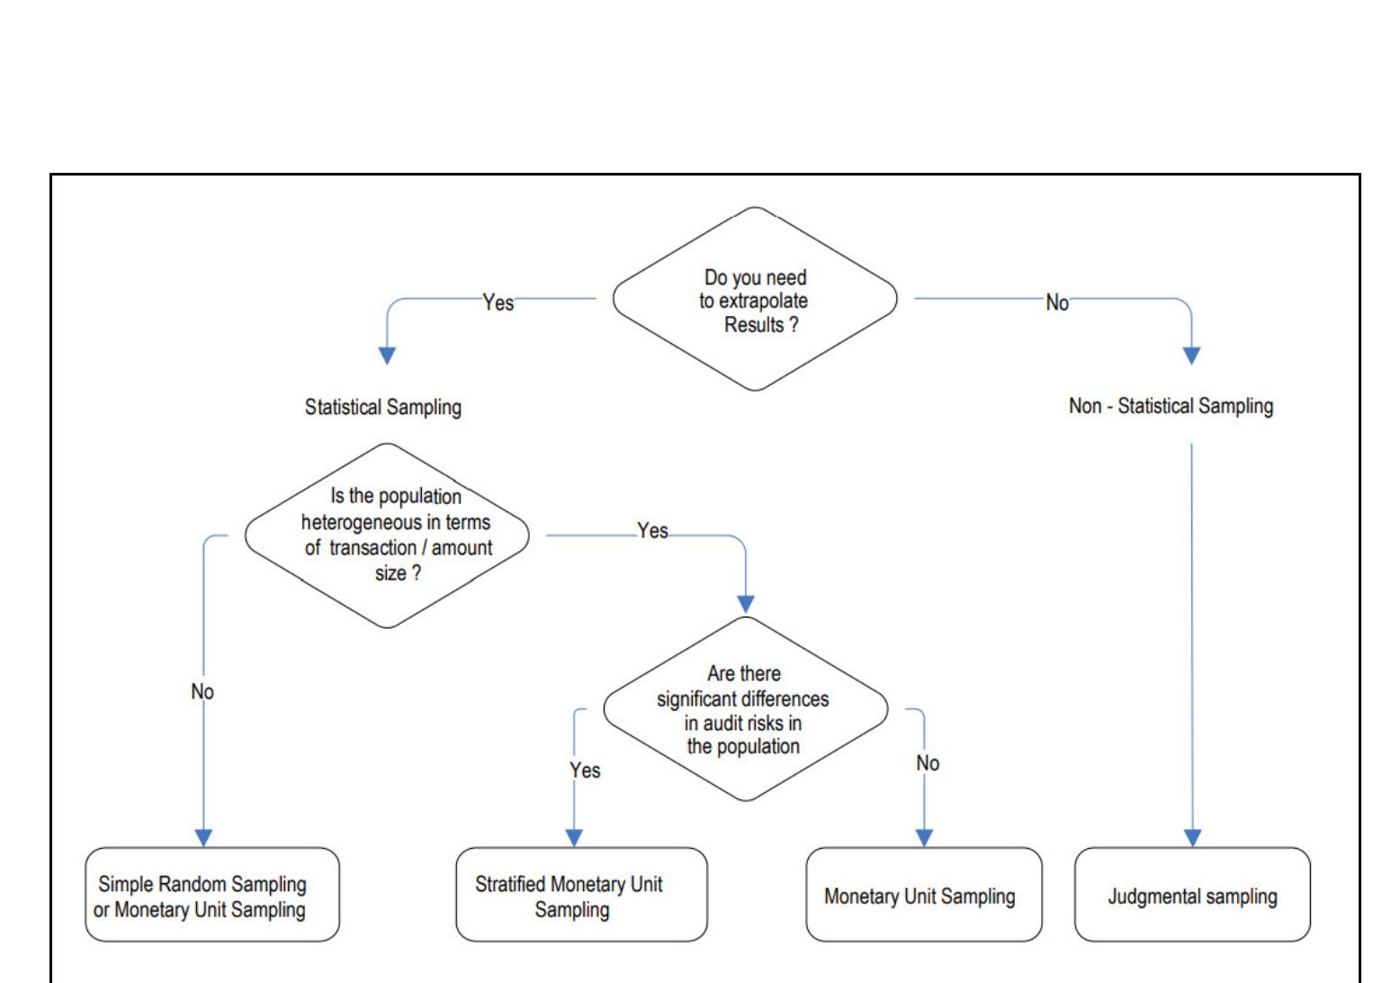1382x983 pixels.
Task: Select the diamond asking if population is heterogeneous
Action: tap(387, 536)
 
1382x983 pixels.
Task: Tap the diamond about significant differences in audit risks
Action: tap(745, 709)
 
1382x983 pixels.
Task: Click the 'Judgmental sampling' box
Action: tap(1192, 895)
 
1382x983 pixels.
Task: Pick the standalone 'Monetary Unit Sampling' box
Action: tap(923, 895)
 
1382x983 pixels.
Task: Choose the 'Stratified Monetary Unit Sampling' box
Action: tap(581, 895)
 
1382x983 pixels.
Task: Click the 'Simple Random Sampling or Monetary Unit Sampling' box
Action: tap(211, 895)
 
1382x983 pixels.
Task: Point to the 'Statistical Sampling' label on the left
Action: tap(382, 407)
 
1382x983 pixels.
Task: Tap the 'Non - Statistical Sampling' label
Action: tap(1171, 406)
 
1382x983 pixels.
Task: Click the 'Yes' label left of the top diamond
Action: tap(498, 302)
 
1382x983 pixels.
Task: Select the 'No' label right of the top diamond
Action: tap(1057, 303)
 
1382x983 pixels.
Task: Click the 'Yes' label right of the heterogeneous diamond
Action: tap(652, 531)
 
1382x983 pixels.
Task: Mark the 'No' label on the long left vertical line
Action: tap(202, 691)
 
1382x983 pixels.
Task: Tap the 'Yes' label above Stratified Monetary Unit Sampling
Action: tap(585, 770)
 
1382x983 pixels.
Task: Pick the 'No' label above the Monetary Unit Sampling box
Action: tap(928, 763)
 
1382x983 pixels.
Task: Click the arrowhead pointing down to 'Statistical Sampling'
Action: tap(387, 356)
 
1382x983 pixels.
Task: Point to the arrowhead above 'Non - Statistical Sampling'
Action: tap(1191, 356)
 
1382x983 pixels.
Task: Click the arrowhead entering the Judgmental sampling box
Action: tap(1192, 837)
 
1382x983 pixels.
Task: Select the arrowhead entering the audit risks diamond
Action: tap(745, 604)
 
